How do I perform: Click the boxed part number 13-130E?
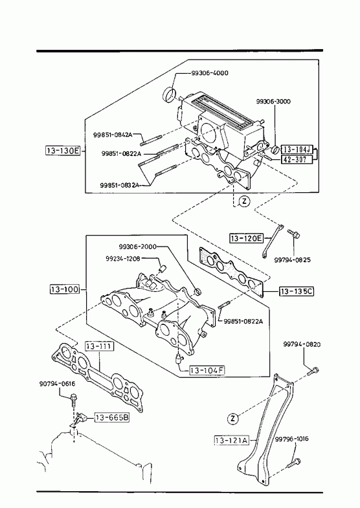tap(63, 150)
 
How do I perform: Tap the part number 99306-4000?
tap(209, 73)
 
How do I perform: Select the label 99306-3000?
tap(273, 102)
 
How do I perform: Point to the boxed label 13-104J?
tap(297, 149)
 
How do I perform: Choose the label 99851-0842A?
tap(113, 135)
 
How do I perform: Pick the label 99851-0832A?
tap(119, 185)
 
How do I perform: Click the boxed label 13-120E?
tap(246, 238)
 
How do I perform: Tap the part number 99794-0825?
tap(292, 260)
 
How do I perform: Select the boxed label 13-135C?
tap(297, 292)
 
